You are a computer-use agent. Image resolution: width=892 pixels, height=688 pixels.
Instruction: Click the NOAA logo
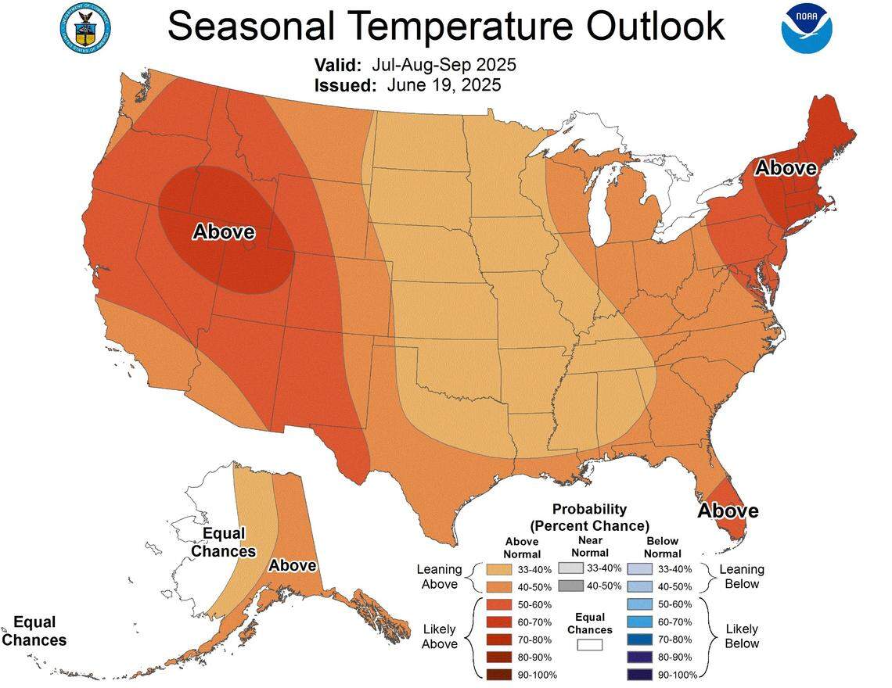(807, 28)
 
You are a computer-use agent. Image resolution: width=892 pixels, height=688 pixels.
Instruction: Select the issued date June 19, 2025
(444, 84)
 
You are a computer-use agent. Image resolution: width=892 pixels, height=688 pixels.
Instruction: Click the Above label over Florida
(728, 511)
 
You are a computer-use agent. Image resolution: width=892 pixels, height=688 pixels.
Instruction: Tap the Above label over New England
(786, 167)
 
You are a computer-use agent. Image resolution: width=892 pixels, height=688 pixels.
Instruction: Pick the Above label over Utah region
(224, 231)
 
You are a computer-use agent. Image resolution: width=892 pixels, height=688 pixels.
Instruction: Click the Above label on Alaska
(293, 565)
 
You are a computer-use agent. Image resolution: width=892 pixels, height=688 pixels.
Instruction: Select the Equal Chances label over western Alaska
(224, 542)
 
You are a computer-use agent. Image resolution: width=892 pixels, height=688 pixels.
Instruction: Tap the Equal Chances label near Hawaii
(34, 630)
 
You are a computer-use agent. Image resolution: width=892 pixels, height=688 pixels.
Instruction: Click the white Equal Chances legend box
(590, 645)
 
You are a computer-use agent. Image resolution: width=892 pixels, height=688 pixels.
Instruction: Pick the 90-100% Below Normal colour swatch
(639, 673)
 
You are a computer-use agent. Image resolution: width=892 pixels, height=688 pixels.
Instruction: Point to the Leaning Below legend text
(742, 576)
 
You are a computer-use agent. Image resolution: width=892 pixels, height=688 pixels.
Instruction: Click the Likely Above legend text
(439, 636)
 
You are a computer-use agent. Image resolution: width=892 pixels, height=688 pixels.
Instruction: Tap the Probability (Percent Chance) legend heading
(589, 517)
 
